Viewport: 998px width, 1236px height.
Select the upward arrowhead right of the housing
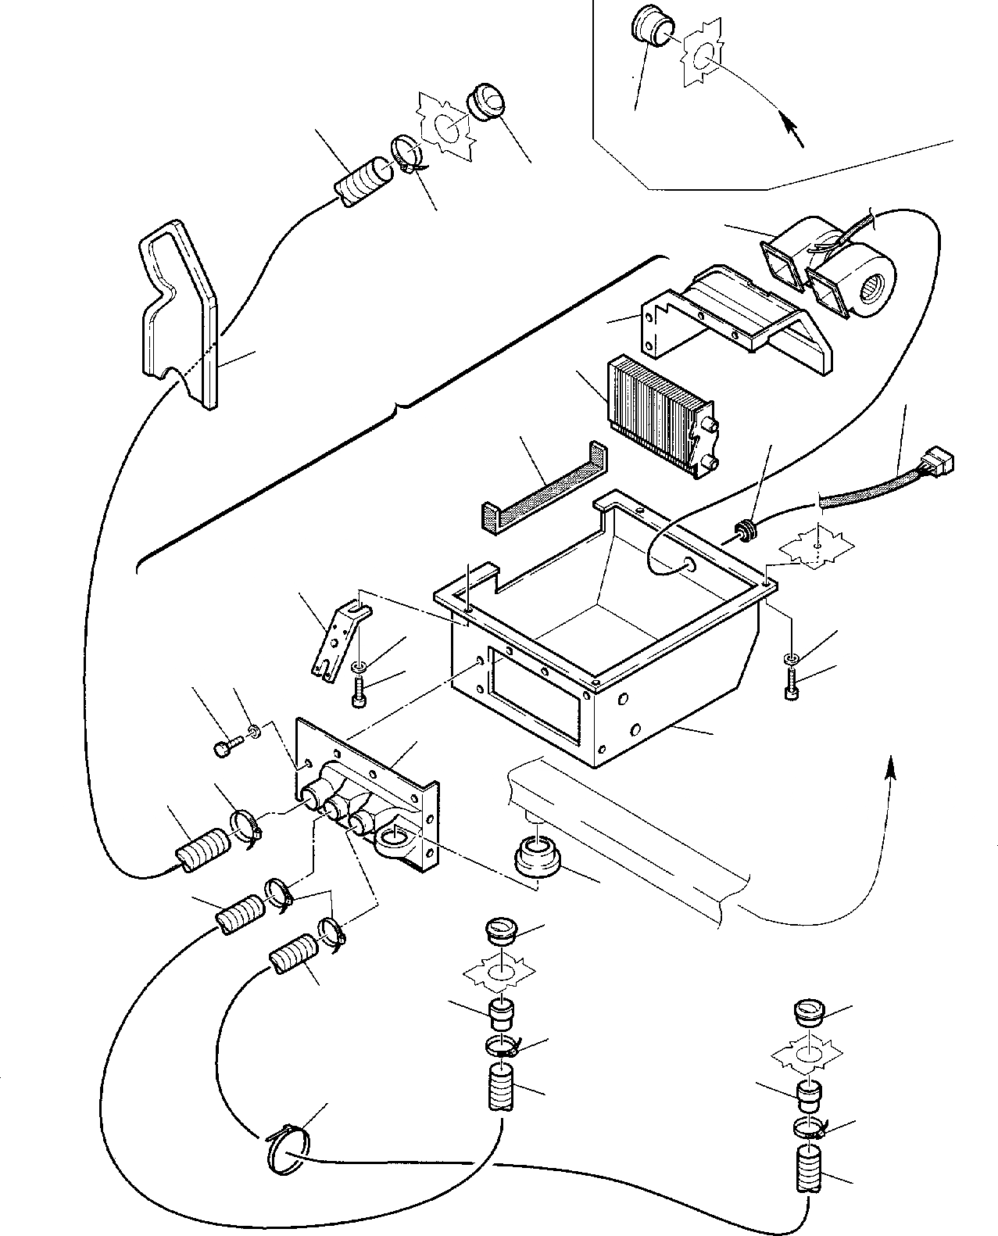click(x=889, y=768)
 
